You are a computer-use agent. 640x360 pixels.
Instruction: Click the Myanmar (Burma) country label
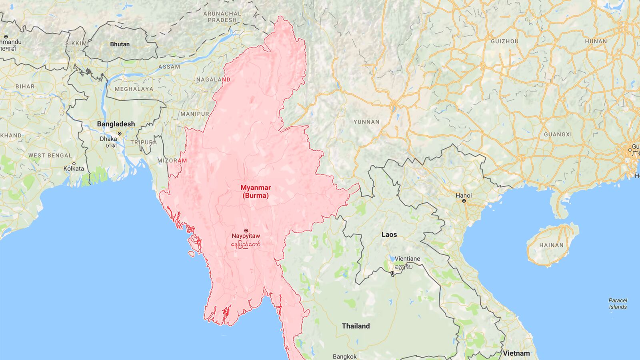255,192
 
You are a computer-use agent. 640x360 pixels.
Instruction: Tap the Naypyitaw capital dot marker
246,230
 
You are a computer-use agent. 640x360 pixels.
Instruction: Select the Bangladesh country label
116,124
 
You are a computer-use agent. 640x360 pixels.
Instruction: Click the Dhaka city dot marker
119,134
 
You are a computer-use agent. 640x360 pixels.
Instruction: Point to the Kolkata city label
74,168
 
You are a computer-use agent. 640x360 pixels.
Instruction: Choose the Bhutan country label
120,44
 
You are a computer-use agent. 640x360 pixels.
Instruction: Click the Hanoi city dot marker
464,201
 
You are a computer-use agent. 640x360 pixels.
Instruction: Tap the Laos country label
389,234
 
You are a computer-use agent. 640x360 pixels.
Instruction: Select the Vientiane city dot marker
392,273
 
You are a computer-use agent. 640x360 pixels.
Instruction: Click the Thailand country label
356,326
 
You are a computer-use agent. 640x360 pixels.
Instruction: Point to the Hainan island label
551,245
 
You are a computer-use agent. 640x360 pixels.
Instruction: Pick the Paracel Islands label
618,304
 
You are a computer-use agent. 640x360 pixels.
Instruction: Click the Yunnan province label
366,122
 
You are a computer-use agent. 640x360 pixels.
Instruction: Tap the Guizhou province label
505,41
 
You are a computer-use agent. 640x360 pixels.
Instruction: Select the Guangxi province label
558,134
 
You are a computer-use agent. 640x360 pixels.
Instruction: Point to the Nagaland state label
213,80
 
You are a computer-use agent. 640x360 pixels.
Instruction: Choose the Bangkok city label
345,356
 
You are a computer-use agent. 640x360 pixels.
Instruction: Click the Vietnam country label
516,353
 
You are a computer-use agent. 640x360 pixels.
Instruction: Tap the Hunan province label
596,41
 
